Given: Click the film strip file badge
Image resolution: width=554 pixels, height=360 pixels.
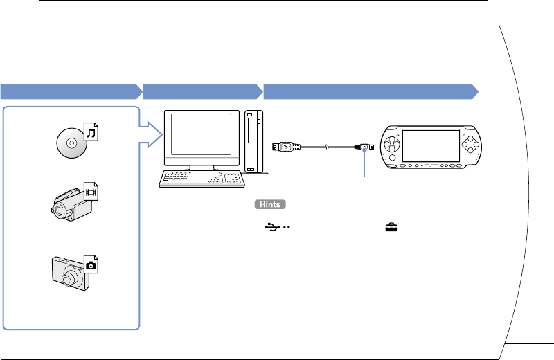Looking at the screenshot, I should [x=90, y=189].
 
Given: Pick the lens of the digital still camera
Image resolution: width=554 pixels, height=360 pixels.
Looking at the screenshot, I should [x=71, y=279].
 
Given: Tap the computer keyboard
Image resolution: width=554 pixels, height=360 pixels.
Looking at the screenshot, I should [x=201, y=178].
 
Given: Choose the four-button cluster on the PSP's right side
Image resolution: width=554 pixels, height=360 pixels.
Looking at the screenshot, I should [x=471, y=144].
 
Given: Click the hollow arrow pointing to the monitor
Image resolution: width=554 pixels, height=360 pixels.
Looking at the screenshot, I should [x=152, y=136].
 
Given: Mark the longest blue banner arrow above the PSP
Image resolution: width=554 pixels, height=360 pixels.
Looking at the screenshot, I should [x=370, y=91].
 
